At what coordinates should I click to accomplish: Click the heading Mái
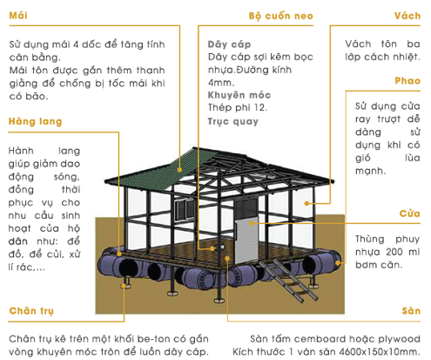click(x=18, y=15)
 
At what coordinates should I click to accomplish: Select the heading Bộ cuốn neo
click(x=280, y=16)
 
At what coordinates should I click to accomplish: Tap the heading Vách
click(x=407, y=16)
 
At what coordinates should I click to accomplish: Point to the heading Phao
click(x=407, y=80)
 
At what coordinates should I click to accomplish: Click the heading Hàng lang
click(x=36, y=121)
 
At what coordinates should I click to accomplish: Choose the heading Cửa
click(x=409, y=214)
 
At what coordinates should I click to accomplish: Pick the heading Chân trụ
click(x=31, y=311)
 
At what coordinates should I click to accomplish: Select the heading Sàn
click(x=411, y=311)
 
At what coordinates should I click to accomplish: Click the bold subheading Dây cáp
click(x=229, y=44)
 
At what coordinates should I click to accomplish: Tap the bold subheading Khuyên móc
click(x=239, y=95)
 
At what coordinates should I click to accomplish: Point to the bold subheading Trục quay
click(x=232, y=121)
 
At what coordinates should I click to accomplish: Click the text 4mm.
click(x=221, y=83)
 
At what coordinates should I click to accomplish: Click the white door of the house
click(x=246, y=240)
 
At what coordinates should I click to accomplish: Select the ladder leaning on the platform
click(x=288, y=280)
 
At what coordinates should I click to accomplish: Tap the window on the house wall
click(x=185, y=208)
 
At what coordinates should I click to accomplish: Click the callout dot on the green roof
click(x=179, y=170)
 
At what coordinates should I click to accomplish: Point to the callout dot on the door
click(x=252, y=223)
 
